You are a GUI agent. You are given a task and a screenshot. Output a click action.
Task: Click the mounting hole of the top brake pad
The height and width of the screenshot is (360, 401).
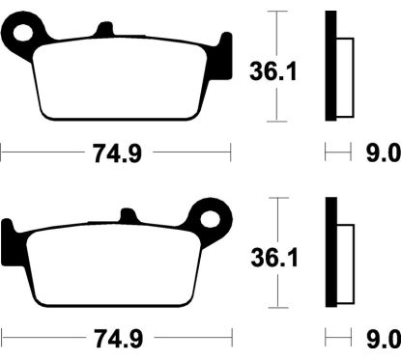pos(23,33)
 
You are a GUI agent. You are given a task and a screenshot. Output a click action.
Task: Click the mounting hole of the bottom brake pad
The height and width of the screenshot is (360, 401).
pos(210,220)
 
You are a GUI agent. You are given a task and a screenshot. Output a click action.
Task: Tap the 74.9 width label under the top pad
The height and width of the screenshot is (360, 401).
pos(118,153)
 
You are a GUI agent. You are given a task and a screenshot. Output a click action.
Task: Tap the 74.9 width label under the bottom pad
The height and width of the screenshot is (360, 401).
pos(118,339)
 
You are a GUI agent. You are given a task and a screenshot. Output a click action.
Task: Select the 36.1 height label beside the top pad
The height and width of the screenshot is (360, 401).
pos(273,71)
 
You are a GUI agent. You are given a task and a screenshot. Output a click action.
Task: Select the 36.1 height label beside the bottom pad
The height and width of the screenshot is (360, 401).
pos(274,258)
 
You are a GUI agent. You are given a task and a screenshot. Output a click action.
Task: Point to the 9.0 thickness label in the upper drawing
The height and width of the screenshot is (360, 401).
pos(383,153)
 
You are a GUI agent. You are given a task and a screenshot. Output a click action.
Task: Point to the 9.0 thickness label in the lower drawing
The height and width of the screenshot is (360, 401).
pos(384,339)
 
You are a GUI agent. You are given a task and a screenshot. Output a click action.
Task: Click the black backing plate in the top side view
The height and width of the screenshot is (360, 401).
pos(330,66)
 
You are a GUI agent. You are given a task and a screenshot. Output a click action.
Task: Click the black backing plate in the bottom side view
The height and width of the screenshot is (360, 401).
pos(331,252)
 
